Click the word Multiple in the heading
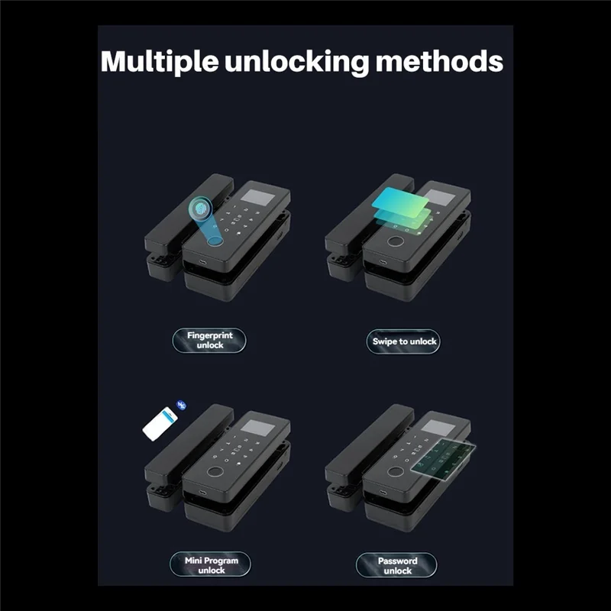tap(157, 62)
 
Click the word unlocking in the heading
tap(296, 62)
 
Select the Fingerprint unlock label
tap(209, 340)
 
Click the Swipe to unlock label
tap(404, 341)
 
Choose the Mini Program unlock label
tap(212, 565)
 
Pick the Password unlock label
tap(397, 566)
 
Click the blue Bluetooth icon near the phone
tap(181, 406)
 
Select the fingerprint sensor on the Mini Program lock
tap(216, 471)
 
